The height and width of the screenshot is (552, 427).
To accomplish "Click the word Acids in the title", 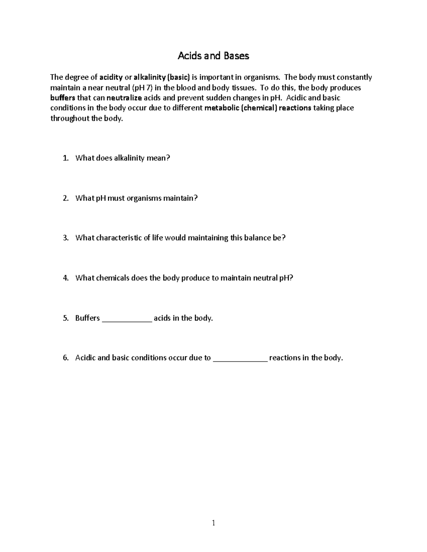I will (x=189, y=56).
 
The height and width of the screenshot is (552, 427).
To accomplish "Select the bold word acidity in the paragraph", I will (x=111, y=77).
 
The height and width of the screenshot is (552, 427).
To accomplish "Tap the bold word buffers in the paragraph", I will (x=63, y=98).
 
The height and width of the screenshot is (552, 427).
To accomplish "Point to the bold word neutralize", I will (x=124, y=98).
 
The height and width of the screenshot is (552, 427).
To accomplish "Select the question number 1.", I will (x=65, y=158).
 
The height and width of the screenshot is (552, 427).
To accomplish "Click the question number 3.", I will (x=65, y=238).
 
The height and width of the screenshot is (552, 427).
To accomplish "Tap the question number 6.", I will (x=65, y=358).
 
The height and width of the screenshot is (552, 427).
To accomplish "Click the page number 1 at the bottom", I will (x=213, y=523).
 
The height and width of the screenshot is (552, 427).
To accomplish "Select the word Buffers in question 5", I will (x=88, y=318).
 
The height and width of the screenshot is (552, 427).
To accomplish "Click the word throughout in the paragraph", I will (x=70, y=118).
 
